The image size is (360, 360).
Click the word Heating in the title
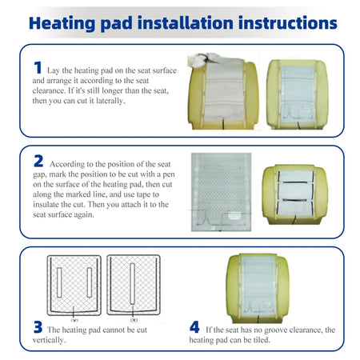pyautogui.click(x=62, y=23)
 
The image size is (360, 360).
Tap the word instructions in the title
pyautogui.click(x=288, y=23)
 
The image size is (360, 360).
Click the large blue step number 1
pyautogui.click(x=38, y=67)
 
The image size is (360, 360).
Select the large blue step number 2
pyautogui.click(x=38, y=161)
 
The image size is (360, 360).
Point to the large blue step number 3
pyautogui.click(x=38, y=327)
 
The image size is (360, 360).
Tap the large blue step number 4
pyautogui.click(x=194, y=327)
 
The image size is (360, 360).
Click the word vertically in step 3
pyautogui.click(x=49, y=340)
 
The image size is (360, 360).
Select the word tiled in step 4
pyautogui.click(x=261, y=340)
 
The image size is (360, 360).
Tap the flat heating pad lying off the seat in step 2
pyautogui.click(x=221, y=192)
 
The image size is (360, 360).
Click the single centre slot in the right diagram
pyautogui.click(x=132, y=283)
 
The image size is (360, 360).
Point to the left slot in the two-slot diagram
pyautogui.click(x=59, y=282)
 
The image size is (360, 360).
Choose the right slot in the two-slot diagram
pyautogui.click(x=90, y=282)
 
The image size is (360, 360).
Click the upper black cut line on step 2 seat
pyautogui.click(x=294, y=182)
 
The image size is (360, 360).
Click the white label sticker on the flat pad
pyautogui.click(x=234, y=215)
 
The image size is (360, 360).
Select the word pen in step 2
pyautogui.click(x=169, y=174)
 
